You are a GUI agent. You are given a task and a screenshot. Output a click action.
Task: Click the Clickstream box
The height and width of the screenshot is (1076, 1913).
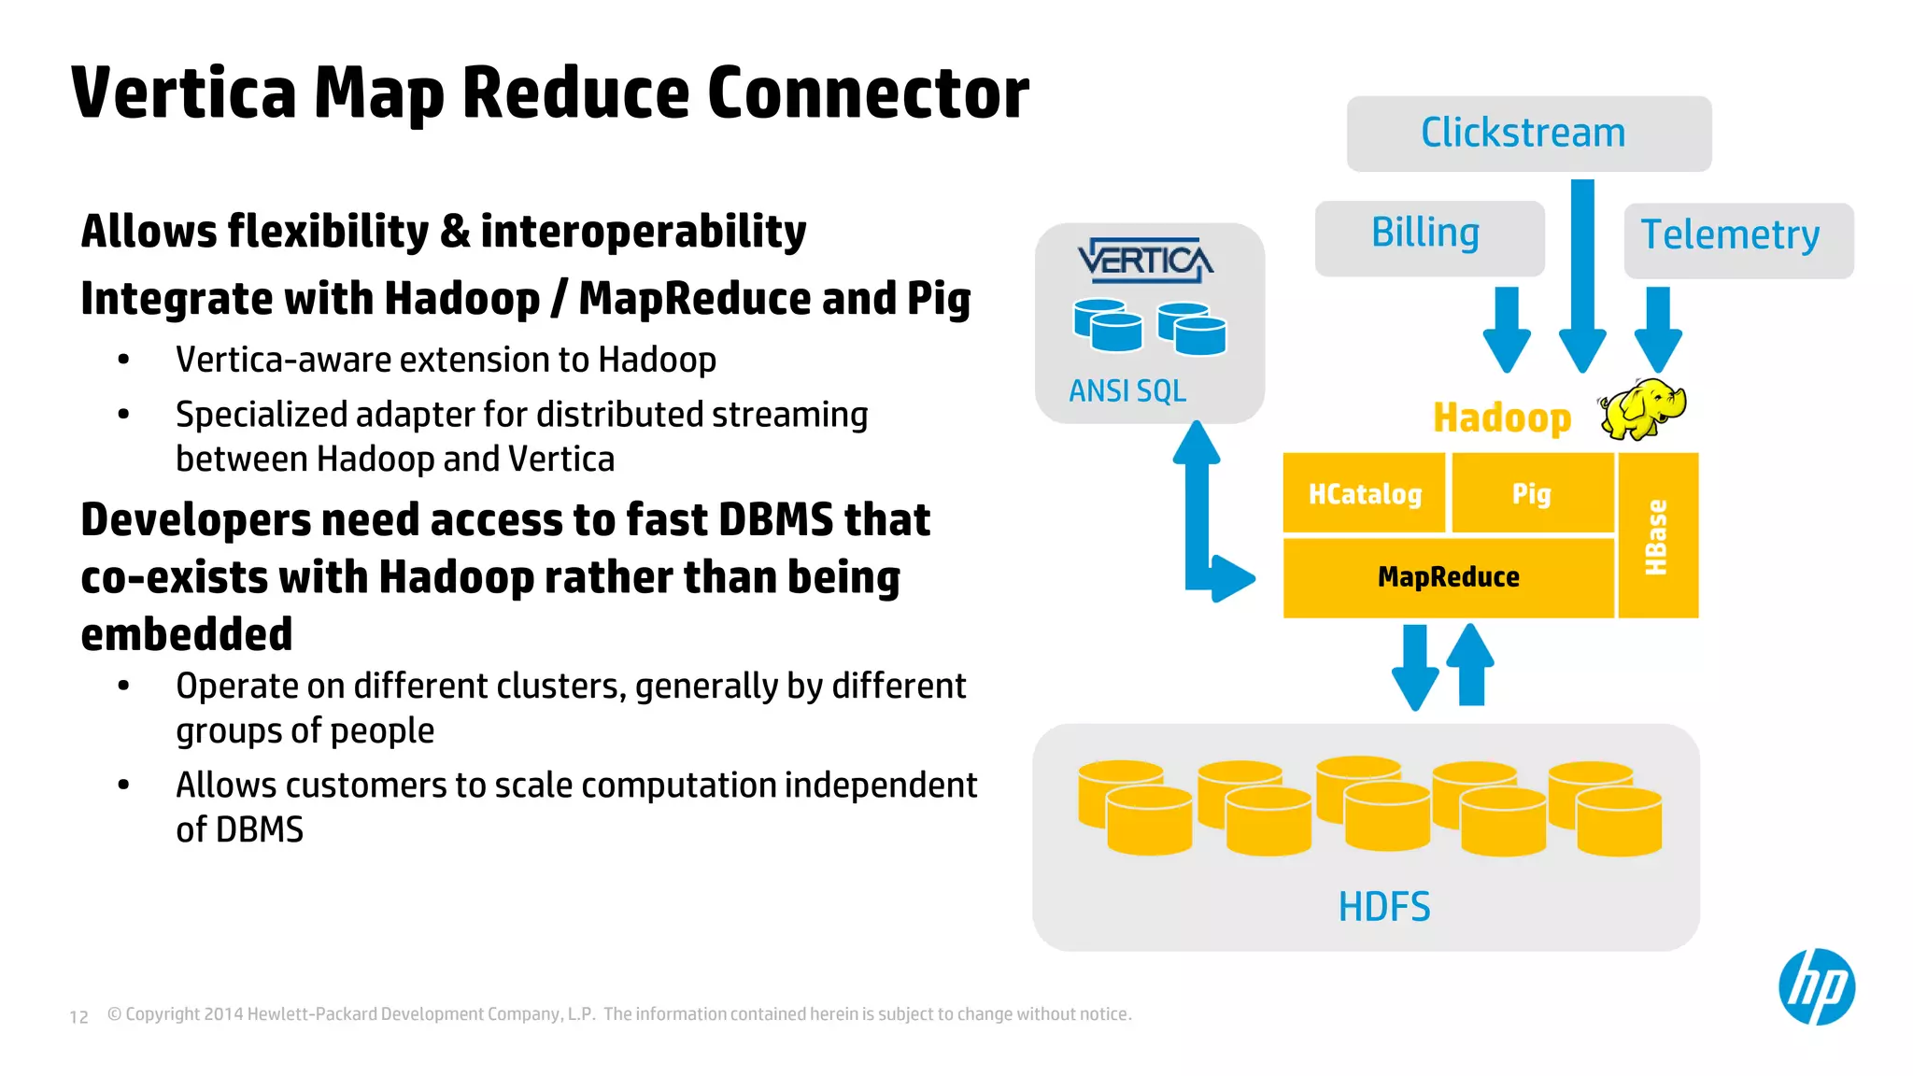point(1528,134)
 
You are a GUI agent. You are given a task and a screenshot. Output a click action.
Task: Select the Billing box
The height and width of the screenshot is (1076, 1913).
point(1428,237)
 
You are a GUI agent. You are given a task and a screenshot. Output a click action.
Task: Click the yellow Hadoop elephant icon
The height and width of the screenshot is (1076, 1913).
point(1641,409)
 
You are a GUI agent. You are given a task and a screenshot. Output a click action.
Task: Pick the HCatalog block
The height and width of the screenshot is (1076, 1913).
point(1364,493)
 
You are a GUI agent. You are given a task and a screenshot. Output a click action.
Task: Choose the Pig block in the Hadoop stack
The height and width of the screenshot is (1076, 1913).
point(1532,493)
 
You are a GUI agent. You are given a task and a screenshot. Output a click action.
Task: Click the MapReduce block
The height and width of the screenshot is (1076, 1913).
point(1448,577)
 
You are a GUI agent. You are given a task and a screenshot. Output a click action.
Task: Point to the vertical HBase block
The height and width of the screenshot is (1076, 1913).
point(1658,535)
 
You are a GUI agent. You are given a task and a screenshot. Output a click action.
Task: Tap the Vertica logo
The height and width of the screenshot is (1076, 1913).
point(1145,261)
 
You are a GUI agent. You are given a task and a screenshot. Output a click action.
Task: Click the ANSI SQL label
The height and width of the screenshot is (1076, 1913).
point(1127,390)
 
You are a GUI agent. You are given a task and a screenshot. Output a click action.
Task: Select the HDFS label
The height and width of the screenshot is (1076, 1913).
point(1383,906)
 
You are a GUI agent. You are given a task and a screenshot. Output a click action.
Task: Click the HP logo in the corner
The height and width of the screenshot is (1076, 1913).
point(1816,986)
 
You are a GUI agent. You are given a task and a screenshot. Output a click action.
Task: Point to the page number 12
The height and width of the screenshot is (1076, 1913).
point(79,1016)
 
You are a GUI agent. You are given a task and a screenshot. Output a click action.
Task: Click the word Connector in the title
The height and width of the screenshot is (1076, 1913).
point(868,93)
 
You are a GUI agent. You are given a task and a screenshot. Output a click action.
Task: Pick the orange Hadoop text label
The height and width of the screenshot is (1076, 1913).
point(1502,418)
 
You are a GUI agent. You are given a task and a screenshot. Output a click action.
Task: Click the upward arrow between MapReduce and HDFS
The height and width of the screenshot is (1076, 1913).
point(1470,664)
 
